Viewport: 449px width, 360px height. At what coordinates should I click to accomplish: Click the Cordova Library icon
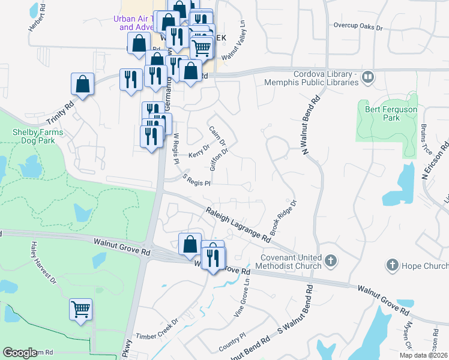tap(367, 77)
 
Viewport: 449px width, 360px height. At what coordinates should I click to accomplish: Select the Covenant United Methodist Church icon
tap(331, 260)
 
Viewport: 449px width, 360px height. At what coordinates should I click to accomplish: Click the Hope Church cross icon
tap(393, 265)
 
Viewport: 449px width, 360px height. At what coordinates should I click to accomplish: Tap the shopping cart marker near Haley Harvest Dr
tap(80, 310)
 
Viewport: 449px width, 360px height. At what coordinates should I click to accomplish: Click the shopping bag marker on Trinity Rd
tap(83, 85)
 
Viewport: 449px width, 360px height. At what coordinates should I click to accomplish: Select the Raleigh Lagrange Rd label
tap(238, 224)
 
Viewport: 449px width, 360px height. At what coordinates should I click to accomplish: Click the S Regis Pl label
tap(196, 179)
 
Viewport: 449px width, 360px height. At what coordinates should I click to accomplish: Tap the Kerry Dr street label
tap(199, 151)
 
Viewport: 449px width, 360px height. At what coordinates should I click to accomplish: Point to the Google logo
tap(20, 353)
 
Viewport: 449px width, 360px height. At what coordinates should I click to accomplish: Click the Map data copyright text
tap(422, 355)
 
